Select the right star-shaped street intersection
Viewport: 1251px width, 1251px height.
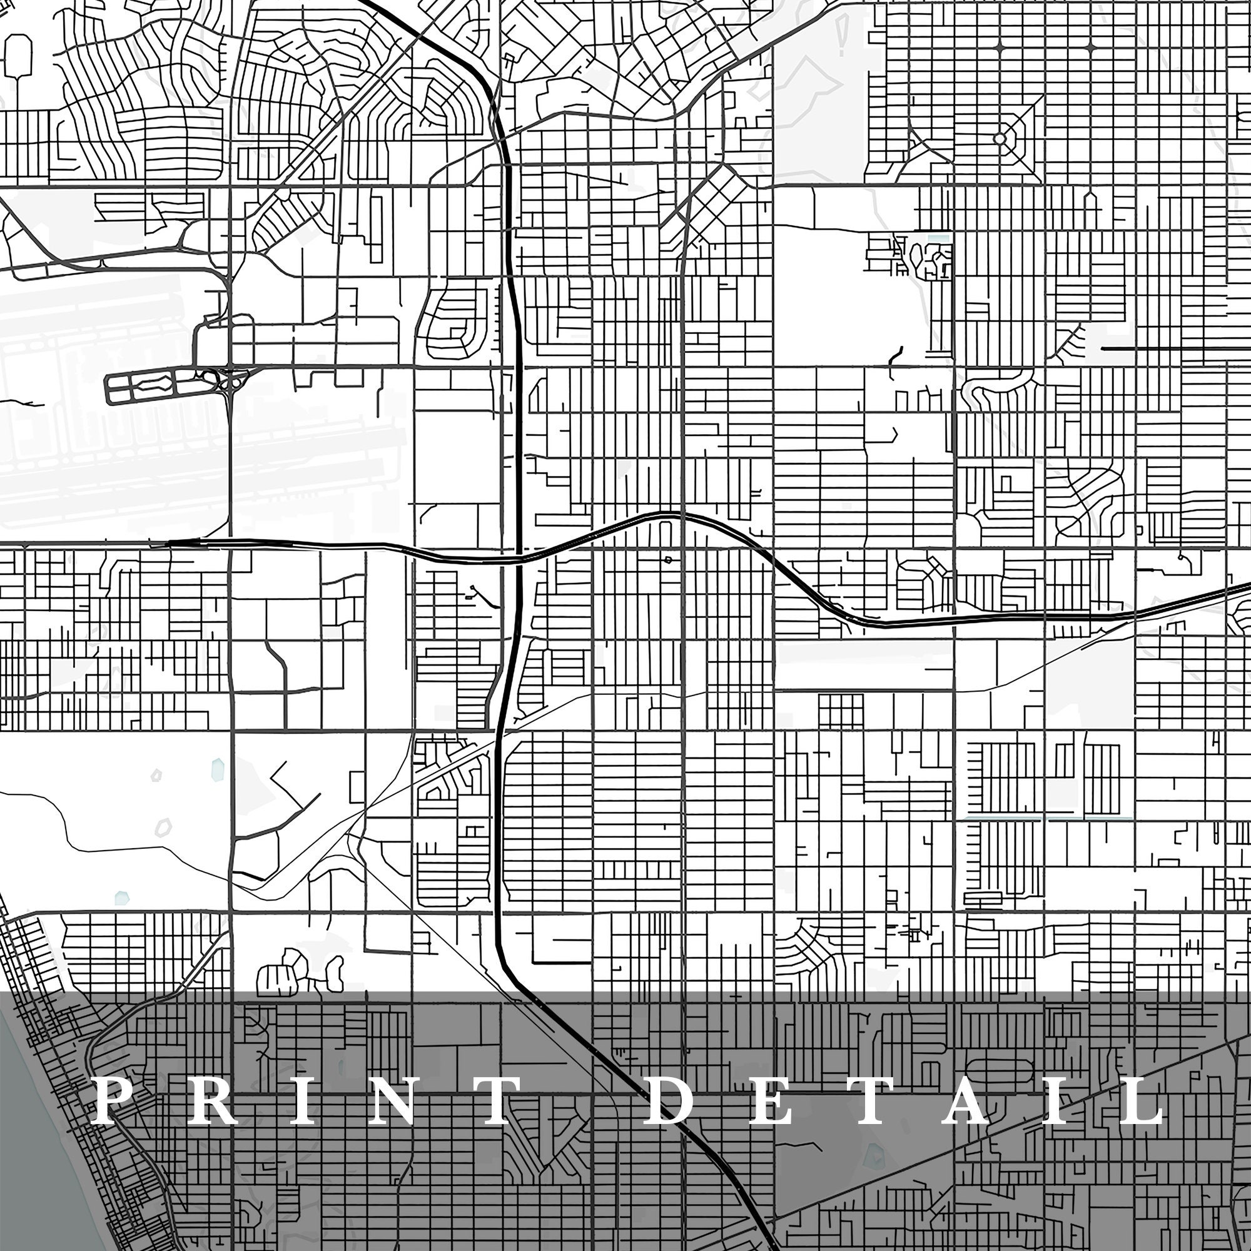1090,47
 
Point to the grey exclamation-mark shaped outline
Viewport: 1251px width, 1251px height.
842,36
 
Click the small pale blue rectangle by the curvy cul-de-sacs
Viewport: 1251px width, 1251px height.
936,239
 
